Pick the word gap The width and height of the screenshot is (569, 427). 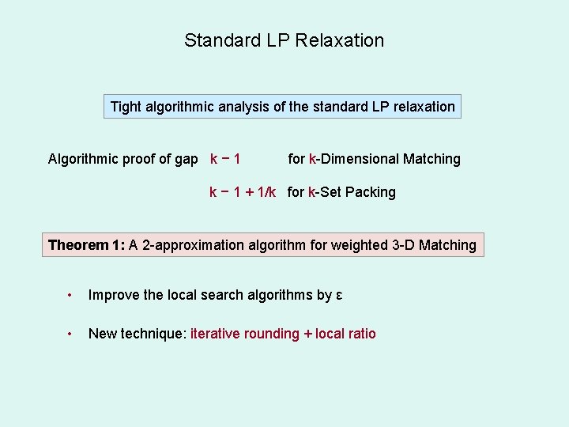[x=186, y=159]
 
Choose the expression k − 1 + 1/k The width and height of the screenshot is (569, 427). [x=243, y=192]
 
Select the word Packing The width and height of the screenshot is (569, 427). [x=371, y=192]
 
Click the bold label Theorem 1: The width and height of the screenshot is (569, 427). [x=87, y=245]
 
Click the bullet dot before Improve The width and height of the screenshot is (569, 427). [x=70, y=296]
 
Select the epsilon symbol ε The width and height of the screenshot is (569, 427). [x=339, y=296]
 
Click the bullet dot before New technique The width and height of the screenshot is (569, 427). [x=70, y=334]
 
